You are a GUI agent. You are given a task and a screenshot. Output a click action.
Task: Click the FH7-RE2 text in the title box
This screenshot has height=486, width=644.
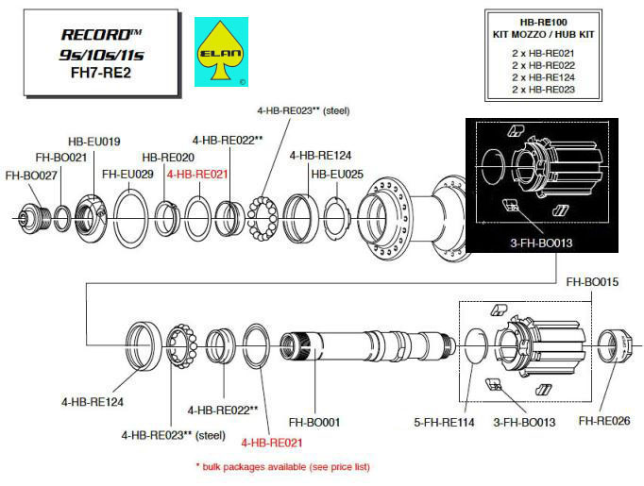pyautogui.click(x=101, y=73)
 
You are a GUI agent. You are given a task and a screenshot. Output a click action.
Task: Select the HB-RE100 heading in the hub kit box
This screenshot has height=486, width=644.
pyautogui.click(x=543, y=22)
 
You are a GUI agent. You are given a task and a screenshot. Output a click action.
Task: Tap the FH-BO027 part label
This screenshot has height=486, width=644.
pyautogui.click(x=31, y=176)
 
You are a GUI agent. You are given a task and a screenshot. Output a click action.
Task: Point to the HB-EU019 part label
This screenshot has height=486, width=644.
pyautogui.click(x=94, y=142)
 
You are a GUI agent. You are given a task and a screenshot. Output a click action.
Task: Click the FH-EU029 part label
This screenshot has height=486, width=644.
pyautogui.click(x=127, y=174)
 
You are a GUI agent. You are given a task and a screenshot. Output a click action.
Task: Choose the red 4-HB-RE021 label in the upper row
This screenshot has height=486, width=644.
pyautogui.click(x=197, y=175)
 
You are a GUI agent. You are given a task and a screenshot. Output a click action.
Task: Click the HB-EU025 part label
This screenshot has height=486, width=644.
pyautogui.click(x=337, y=174)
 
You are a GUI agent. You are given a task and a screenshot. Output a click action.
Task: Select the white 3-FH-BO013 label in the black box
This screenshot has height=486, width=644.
pyautogui.click(x=541, y=243)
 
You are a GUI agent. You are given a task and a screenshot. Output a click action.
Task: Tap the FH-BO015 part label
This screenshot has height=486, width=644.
pyautogui.click(x=592, y=282)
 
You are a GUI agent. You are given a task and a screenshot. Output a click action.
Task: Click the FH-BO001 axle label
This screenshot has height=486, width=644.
pyautogui.click(x=314, y=422)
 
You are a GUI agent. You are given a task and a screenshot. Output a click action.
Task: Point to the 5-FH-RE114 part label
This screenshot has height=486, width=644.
pyautogui.click(x=444, y=422)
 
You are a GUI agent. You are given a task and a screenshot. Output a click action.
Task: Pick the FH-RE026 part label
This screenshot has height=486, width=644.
pyautogui.click(x=604, y=421)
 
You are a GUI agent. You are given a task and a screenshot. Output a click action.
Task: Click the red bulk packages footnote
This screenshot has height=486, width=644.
pyautogui.click(x=283, y=467)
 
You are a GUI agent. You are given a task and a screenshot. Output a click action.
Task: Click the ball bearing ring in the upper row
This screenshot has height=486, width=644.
pyautogui.click(x=263, y=218)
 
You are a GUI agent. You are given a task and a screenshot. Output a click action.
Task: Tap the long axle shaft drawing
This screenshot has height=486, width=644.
pyautogui.click(x=368, y=344)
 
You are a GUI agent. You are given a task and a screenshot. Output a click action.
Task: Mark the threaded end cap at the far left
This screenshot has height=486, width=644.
pyautogui.click(x=35, y=217)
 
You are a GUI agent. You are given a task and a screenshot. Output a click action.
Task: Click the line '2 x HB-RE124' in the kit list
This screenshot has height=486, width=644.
pyautogui.click(x=543, y=77)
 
